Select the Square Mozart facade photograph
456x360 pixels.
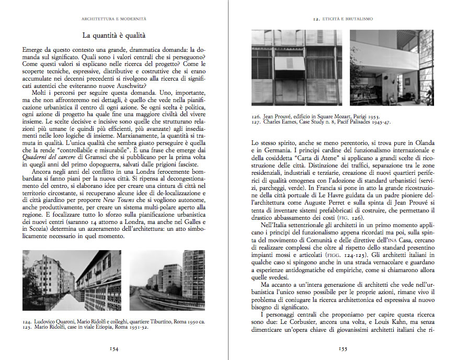coord(297,70)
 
